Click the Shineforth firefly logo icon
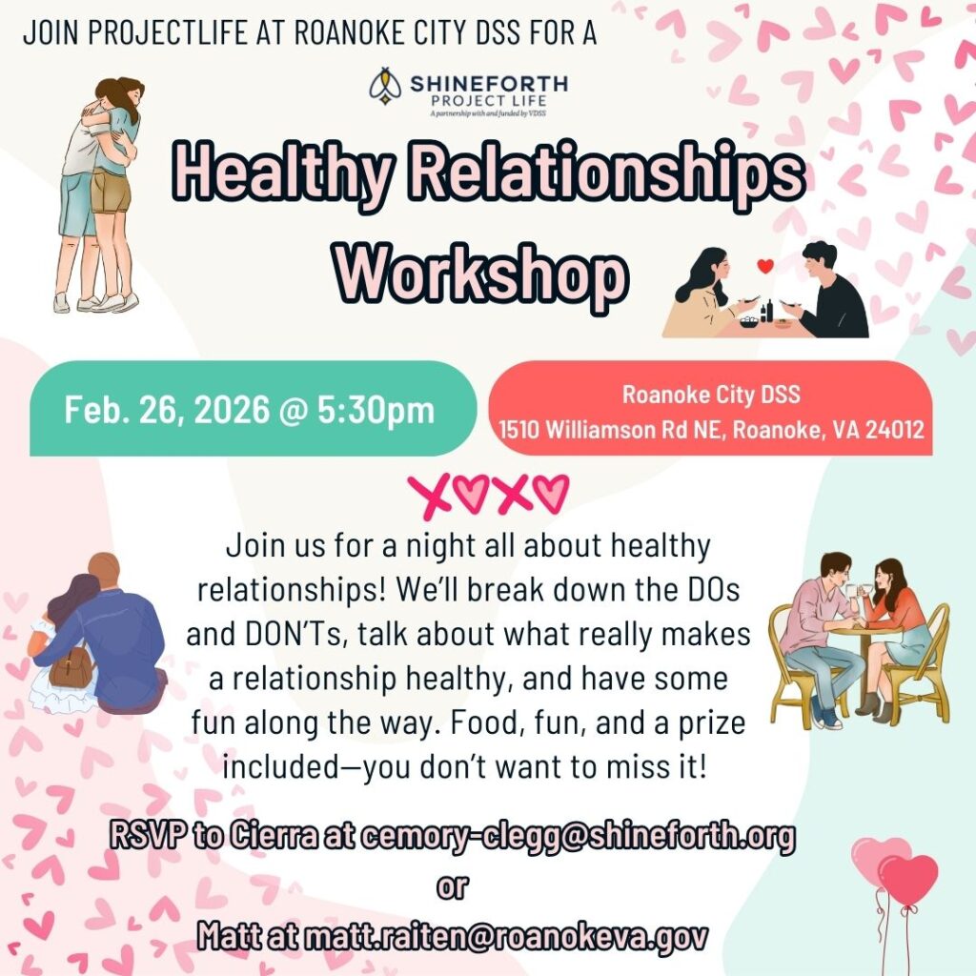point(386,85)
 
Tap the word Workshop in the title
point(482,273)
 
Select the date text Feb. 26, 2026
point(168,410)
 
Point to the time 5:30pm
point(376,411)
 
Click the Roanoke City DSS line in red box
point(711,394)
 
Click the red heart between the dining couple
point(765,266)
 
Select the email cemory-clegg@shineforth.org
point(578,836)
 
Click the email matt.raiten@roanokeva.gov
point(506,936)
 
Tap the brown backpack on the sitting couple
point(71,665)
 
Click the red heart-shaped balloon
point(908,880)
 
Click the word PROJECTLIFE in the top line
point(168,33)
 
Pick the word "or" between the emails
point(452,886)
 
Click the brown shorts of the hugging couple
point(111,191)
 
